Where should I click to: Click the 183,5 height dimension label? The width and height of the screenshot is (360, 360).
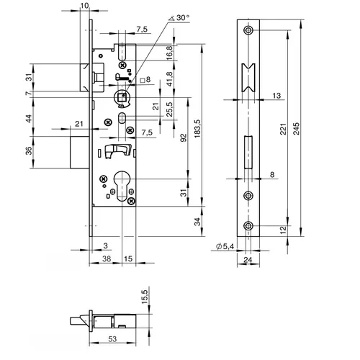point(197,128)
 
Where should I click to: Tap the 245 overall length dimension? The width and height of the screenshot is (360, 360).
point(297,128)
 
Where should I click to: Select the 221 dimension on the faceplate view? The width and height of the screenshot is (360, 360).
point(284,129)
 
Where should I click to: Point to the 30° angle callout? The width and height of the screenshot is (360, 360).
point(179,18)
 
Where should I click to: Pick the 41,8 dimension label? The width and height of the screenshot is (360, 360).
point(169,78)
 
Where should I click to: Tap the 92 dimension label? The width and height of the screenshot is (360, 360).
point(183,138)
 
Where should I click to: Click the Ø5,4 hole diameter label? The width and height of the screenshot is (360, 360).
point(225,246)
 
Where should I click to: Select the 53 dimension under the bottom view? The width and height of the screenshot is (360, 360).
point(112,339)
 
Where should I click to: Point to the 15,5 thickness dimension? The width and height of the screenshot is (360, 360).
point(145,297)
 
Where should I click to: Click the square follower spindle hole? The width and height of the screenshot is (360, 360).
point(122,97)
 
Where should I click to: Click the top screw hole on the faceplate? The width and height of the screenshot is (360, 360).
point(248,30)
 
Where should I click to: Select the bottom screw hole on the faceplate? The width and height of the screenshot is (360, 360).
point(248,226)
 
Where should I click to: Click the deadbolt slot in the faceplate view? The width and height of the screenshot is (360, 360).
point(248,152)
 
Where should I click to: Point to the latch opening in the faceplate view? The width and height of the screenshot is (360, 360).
point(248,78)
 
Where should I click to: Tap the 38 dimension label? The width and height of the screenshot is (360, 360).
point(107,258)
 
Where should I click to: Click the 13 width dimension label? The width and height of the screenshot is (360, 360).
point(276,96)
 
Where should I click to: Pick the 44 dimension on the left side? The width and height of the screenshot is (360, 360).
point(29,118)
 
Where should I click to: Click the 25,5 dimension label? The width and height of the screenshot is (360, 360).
point(169,109)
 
